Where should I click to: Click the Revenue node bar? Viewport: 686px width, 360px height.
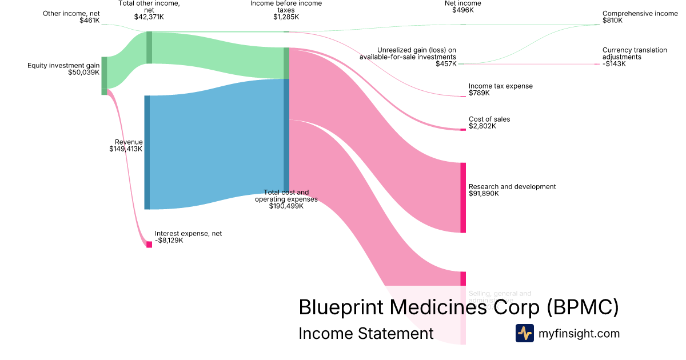[147, 152]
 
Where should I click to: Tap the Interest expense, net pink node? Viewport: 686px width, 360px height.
[149, 244]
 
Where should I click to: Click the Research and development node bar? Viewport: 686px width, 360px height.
[463, 198]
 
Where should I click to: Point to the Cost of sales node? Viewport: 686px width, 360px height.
[463, 130]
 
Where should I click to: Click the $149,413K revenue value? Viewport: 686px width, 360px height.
[126, 149]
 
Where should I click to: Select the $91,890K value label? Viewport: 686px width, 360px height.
[484, 194]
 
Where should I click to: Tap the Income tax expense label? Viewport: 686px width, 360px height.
[500, 86]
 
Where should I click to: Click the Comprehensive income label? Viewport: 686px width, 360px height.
[640, 13]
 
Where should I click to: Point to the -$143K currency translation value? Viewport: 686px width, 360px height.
[614, 64]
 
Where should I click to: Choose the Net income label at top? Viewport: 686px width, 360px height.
[462, 3]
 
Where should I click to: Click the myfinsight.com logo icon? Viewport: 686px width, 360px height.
[524, 333]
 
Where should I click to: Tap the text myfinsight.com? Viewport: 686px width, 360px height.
[579, 333]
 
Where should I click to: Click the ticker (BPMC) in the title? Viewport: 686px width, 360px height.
[583, 307]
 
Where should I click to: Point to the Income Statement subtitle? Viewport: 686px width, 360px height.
[366, 333]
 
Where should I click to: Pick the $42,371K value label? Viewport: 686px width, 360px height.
[149, 17]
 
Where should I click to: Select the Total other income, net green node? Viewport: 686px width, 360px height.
[149, 47]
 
